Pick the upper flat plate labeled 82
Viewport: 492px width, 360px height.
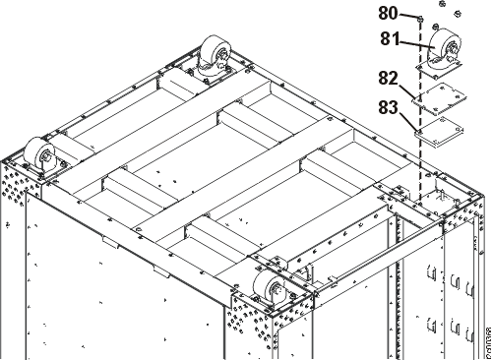point(440,95)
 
